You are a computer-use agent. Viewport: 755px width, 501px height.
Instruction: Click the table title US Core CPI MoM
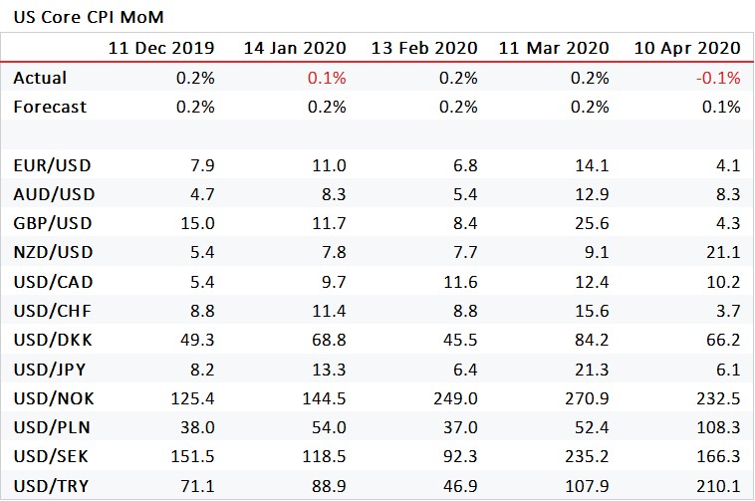tap(89, 17)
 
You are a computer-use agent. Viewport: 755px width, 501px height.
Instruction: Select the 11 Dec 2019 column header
tap(161, 48)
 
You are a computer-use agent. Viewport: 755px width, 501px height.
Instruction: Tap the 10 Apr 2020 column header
tap(687, 48)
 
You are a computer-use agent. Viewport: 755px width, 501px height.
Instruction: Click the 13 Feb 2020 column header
tap(424, 48)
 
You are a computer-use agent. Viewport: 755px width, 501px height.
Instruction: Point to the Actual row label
tap(40, 78)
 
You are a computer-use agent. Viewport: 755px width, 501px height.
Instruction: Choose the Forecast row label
tap(50, 107)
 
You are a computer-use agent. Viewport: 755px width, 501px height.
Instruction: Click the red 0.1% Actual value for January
tap(327, 78)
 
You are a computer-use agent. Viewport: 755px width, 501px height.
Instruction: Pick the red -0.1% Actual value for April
tap(718, 78)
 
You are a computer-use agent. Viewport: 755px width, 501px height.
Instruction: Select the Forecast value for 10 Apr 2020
tap(721, 107)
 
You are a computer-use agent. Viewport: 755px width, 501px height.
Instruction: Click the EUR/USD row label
tap(52, 165)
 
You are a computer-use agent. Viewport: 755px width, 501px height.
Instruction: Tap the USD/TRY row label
tap(51, 486)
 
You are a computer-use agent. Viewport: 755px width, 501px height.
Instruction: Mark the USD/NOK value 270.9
tap(587, 398)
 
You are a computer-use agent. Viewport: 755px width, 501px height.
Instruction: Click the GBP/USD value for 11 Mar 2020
tap(592, 223)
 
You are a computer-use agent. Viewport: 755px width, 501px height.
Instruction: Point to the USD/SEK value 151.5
tap(192, 456)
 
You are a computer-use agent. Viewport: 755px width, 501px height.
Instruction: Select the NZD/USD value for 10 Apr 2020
tap(723, 252)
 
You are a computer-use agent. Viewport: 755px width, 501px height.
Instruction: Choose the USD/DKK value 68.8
tap(329, 340)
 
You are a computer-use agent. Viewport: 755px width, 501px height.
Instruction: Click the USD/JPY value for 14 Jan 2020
tap(329, 370)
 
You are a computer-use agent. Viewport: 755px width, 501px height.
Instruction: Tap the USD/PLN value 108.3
tap(718, 427)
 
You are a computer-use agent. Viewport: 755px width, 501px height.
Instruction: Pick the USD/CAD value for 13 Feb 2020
tap(460, 282)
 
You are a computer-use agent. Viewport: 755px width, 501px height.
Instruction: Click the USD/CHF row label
tap(52, 311)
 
